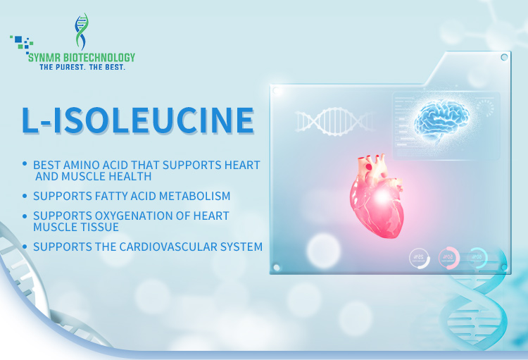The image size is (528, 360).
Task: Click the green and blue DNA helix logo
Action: pyautogui.click(x=82, y=31)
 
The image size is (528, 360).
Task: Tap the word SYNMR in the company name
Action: pyautogui.click(x=44, y=58)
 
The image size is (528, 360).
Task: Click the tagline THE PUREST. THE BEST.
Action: pyautogui.click(x=82, y=67)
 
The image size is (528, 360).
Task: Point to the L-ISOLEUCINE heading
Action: pyautogui.click(x=138, y=120)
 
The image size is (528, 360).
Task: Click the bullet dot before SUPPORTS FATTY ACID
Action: pyautogui.click(x=25, y=196)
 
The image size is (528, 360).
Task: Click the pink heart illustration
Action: pyautogui.click(x=377, y=196)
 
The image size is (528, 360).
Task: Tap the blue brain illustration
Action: pyautogui.click(x=441, y=120)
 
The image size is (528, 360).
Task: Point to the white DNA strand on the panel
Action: pyautogui.click(x=335, y=121)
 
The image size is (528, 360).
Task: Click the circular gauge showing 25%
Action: pyautogui.click(x=420, y=259)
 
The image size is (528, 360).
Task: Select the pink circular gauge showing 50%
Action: pyautogui.click(x=449, y=258)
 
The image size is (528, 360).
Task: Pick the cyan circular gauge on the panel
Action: pyautogui.click(x=477, y=258)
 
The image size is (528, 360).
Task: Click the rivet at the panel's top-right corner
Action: pyautogui.click(x=504, y=57)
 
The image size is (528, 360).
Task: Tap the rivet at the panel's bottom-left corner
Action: pyautogui.click(x=277, y=267)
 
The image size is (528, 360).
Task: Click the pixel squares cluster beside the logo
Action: pyautogui.click(x=22, y=44)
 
